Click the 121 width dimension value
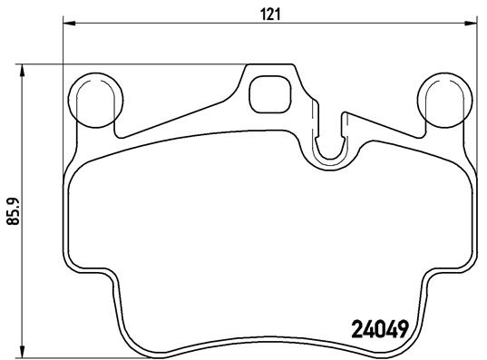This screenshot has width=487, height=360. click(x=270, y=15)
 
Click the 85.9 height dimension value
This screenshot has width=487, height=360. click(x=13, y=211)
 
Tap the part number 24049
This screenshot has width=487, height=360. click(x=379, y=329)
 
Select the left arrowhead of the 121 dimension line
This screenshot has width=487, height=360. click(x=69, y=23)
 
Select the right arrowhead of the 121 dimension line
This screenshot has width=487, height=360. click(x=471, y=23)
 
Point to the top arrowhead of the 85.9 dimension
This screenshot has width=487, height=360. click(x=22, y=71)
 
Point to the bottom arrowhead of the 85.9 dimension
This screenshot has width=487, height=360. click(x=22, y=351)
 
